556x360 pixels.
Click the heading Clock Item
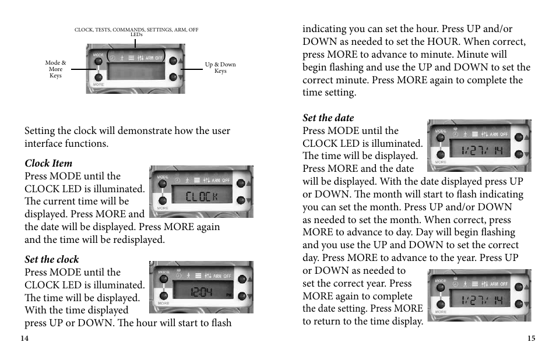pos(48,163)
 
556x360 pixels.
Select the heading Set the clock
pos(51,259)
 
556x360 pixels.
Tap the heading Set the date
pos(328,118)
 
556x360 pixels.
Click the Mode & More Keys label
pos(55,69)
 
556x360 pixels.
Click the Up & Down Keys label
pos(220,68)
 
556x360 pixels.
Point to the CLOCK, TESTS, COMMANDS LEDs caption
pos(136,31)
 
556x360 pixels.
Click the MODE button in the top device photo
pos(98,60)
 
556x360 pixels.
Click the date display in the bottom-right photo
pos(479,301)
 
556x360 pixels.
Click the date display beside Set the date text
pos(479,150)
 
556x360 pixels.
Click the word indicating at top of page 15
pos(324,29)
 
